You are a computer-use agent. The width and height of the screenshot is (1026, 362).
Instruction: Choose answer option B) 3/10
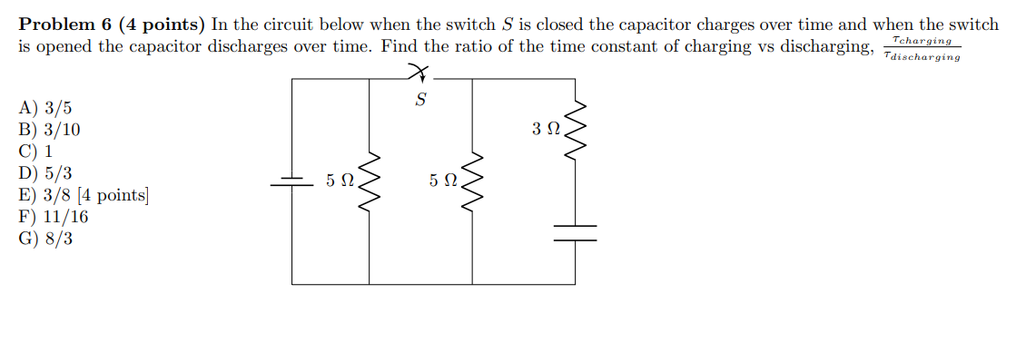(x=50, y=130)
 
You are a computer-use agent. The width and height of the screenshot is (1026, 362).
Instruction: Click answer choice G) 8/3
(x=46, y=239)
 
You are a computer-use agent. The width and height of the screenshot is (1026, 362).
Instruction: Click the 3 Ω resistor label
(x=547, y=130)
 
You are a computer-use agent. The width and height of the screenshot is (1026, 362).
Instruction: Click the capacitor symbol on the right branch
(x=575, y=233)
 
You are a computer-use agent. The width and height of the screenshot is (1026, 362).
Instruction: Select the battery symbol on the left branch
(x=291, y=181)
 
